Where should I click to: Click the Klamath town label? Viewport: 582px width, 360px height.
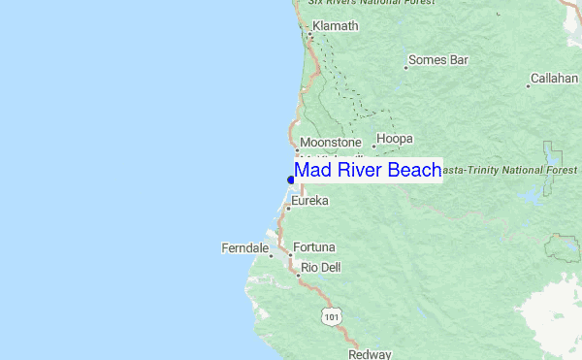tap(336, 26)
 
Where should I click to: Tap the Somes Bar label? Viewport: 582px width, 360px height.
tap(438, 60)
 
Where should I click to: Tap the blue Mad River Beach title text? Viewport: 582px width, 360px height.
tap(368, 171)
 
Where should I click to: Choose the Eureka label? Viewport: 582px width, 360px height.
tap(310, 201)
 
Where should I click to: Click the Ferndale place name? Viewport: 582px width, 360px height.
tap(244, 248)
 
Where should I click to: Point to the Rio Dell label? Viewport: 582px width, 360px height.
tap(320, 267)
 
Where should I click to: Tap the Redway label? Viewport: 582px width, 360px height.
tap(370, 354)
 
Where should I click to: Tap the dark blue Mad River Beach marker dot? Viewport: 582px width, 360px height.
tap(291, 180)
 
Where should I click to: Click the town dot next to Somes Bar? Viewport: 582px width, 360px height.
tap(405, 68)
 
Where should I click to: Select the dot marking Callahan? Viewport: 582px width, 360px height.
tap(529, 85)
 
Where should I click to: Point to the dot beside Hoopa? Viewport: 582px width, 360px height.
tap(374, 147)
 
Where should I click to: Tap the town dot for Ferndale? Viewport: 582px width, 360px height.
tap(271, 255)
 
